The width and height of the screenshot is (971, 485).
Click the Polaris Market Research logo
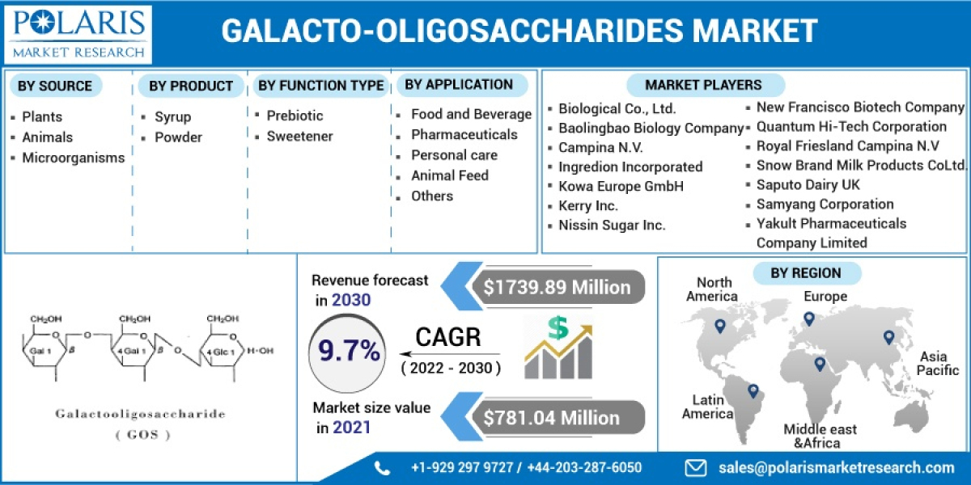(x=78, y=34)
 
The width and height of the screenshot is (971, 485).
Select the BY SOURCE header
(x=55, y=86)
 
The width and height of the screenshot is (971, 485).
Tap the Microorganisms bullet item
(x=73, y=158)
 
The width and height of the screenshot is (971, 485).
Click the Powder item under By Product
(x=178, y=137)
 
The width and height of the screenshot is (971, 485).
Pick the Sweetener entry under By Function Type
(x=299, y=137)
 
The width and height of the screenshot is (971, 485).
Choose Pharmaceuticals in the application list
(x=464, y=135)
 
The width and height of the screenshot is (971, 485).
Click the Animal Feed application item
(x=449, y=175)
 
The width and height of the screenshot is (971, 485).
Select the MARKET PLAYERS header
(x=703, y=85)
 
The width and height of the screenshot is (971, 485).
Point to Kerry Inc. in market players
(x=587, y=206)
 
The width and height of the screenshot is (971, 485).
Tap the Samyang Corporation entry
(x=825, y=205)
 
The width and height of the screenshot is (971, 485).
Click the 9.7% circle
(x=349, y=351)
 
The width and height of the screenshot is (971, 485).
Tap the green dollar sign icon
(x=557, y=327)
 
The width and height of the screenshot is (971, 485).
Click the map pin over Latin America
(x=753, y=391)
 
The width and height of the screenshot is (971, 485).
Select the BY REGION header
(x=805, y=273)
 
